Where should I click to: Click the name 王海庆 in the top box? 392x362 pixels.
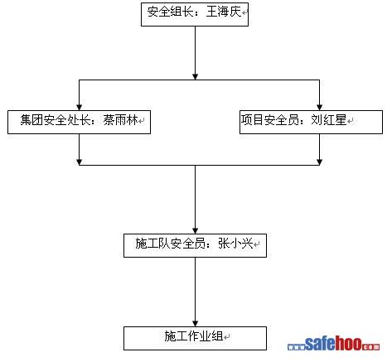(x=224, y=12)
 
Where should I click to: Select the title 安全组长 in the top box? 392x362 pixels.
(x=170, y=12)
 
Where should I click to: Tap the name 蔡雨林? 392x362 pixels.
(x=121, y=120)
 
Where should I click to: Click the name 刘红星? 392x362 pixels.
(x=329, y=120)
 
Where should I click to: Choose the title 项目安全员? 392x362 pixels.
(x=270, y=120)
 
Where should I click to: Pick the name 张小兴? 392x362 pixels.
(x=235, y=244)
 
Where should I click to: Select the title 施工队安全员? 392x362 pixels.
(x=170, y=244)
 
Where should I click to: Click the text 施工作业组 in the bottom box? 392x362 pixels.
(x=194, y=336)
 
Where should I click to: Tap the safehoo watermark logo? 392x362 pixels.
(x=333, y=344)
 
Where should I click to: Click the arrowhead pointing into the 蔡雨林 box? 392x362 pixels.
(x=80, y=108)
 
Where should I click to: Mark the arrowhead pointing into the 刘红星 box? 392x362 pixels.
(x=320, y=108)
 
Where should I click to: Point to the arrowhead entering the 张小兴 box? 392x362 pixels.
(x=196, y=231)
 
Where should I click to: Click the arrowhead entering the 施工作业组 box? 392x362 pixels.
(x=196, y=324)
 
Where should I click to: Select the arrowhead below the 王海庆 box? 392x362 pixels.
(x=196, y=77)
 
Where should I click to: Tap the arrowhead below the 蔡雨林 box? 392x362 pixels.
(x=80, y=162)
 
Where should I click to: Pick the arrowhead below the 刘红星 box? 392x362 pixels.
(x=320, y=162)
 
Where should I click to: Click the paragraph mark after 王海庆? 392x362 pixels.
(x=244, y=12)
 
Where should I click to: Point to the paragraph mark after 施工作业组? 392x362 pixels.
(x=226, y=337)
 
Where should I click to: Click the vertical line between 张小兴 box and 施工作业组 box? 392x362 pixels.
(x=196, y=292)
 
